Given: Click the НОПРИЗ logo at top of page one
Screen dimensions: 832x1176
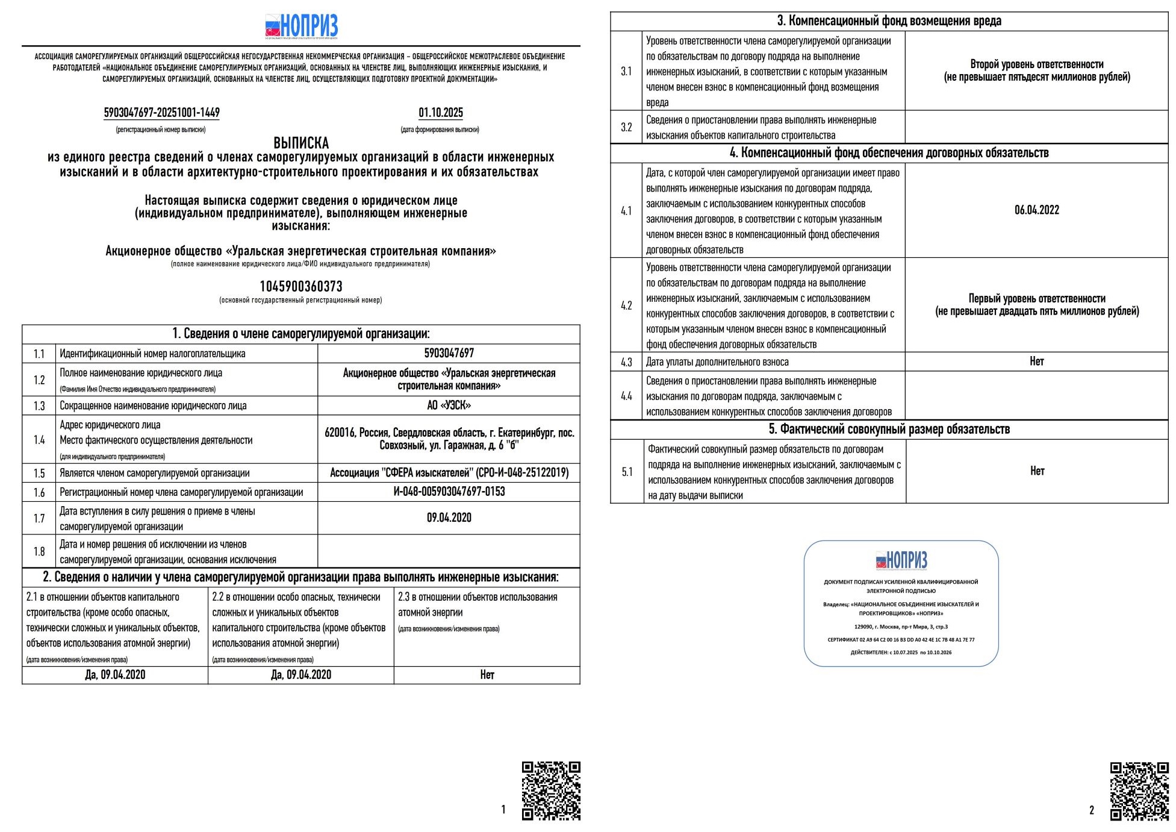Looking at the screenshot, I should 301,26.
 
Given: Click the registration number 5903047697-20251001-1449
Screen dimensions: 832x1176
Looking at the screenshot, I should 161,113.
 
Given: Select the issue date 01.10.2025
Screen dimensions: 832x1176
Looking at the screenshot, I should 441,113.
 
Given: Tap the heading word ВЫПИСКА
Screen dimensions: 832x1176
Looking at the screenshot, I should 301,143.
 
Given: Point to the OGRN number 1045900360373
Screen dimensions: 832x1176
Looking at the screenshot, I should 301,286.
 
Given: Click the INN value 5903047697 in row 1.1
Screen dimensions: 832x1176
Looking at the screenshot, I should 449,353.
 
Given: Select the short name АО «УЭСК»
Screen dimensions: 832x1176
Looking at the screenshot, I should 449,405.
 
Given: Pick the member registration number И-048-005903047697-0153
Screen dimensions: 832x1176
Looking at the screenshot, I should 449,492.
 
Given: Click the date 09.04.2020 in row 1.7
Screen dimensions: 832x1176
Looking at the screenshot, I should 449,518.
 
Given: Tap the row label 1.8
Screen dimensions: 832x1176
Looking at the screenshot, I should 39,551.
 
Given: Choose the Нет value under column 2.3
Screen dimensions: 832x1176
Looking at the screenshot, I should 487,675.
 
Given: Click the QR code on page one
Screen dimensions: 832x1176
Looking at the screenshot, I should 551,790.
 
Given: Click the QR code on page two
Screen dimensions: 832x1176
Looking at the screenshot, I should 1139,791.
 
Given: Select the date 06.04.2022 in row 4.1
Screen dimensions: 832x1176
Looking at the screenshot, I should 1036,210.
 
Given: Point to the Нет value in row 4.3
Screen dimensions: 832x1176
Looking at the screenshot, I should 1036,361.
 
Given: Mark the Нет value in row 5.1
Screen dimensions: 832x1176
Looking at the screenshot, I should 1037,471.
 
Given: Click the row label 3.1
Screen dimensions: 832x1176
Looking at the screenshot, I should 626,71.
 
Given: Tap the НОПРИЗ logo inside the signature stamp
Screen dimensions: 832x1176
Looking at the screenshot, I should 901,560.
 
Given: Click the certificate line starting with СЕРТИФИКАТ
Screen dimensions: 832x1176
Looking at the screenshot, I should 901,640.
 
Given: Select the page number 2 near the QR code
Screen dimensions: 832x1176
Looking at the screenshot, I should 1091,810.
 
